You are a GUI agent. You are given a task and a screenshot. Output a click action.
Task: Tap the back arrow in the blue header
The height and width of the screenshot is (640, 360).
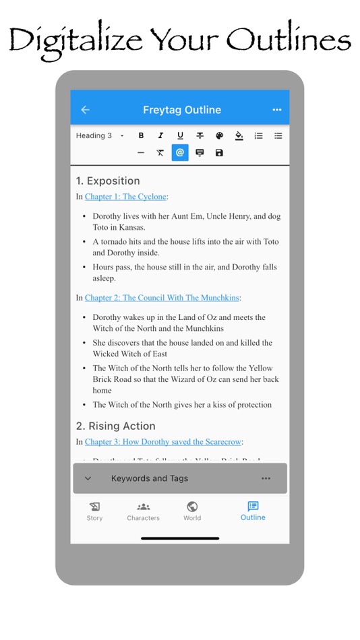[x=85, y=110]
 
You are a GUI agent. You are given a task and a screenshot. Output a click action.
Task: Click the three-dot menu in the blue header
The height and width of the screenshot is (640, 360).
[x=276, y=110]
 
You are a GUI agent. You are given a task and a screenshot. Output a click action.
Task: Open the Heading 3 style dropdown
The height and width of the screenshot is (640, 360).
[x=100, y=135]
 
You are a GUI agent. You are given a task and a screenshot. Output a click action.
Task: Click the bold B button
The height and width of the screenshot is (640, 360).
[x=141, y=135]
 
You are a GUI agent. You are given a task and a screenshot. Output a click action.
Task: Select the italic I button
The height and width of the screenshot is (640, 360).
[x=160, y=135]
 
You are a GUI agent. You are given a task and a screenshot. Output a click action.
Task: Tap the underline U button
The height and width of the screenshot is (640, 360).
[x=180, y=135]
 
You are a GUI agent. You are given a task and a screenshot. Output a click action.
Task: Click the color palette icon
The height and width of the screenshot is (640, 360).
[x=219, y=135]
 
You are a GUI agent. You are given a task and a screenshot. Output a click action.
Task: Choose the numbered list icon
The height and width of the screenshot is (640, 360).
[x=258, y=135]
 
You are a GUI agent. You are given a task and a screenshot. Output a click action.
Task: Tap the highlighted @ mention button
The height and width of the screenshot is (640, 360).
[x=180, y=153]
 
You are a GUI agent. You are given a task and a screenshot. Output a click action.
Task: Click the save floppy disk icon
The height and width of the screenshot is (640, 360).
[x=219, y=153]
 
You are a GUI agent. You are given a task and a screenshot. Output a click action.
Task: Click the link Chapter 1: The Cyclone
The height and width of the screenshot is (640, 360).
[x=125, y=197]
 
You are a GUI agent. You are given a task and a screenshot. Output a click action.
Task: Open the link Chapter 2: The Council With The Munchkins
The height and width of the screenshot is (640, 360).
[x=162, y=298]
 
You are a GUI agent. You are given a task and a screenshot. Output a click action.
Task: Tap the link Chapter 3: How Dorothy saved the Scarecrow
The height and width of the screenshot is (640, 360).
[x=163, y=442]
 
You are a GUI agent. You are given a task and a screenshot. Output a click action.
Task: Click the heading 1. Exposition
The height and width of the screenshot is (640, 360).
[x=108, y=181]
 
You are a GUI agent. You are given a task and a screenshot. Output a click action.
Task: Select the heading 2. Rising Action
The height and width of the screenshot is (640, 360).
[x=115, y=426]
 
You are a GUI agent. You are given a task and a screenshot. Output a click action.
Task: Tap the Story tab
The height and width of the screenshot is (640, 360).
[x=94, y=511]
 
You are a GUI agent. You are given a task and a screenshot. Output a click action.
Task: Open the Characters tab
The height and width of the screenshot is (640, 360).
[x=143, y=511]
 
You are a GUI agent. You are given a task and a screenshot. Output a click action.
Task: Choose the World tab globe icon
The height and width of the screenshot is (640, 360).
[x=192, y=507]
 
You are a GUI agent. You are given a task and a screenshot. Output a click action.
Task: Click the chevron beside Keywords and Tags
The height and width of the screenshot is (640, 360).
[x=88, y=478]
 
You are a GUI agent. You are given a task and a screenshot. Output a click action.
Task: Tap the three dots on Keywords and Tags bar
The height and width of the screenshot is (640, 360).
[x=266, y=478]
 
